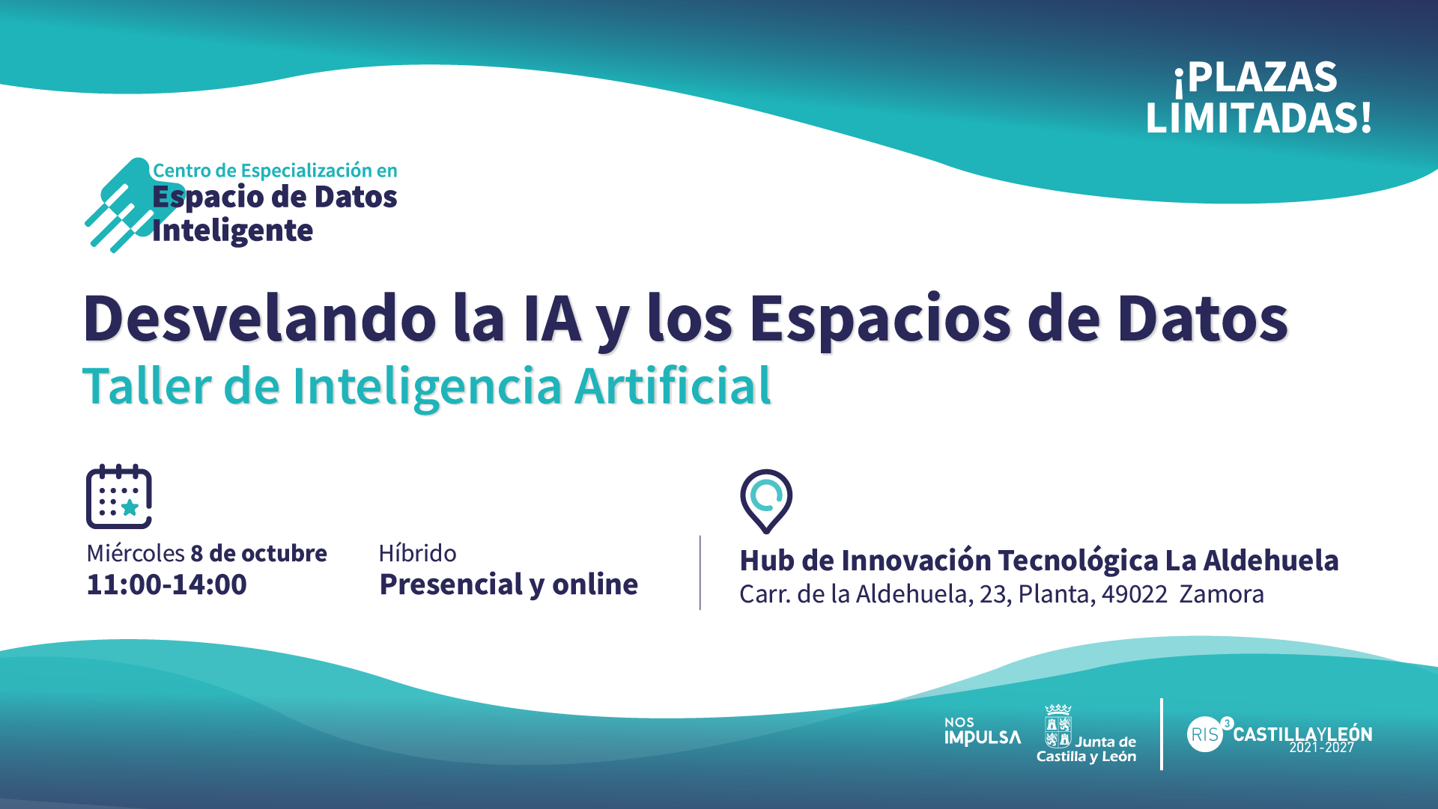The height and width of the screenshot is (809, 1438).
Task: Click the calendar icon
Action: [119, 496]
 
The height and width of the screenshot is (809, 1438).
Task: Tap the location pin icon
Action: [766, 501]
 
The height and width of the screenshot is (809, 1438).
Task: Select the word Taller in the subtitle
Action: [148, 387]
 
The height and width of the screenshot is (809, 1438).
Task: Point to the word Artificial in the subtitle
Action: [673, 387]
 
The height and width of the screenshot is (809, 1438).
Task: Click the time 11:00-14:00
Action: [166, 584]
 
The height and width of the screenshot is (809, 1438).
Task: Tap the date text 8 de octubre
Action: [259, 553]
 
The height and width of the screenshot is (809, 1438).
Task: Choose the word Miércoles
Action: [136, 553]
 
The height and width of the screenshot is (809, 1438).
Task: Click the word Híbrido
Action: [417, 553]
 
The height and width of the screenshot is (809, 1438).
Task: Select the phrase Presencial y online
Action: [509, 584]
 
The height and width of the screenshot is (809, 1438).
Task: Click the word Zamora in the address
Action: [1222, 594]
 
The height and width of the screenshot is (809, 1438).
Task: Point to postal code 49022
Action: [1135, 594]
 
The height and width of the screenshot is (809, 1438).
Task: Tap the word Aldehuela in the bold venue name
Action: [1271, 561]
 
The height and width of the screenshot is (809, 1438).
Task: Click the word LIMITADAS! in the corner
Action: [1259, 118]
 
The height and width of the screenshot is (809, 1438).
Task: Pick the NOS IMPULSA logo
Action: [983, 732]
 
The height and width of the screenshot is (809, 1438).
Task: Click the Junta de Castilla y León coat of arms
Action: [1058, 727]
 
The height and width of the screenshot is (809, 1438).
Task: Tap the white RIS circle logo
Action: [1205, 734]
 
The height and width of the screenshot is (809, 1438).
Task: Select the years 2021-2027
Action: [1322, 748]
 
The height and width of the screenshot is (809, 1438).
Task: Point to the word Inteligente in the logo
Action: [232, 231]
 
